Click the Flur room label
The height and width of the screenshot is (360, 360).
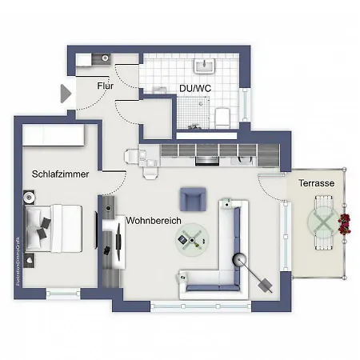coord(104,86)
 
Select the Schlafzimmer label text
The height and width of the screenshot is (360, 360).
coord(66,174)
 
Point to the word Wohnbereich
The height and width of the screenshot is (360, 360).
coord(154,220)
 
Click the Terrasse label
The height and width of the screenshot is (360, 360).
coord(317,183)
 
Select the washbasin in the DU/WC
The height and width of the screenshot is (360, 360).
coord(211,66)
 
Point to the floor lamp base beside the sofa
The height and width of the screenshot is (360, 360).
coord(239,259)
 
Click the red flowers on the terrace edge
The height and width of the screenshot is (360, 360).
coord(346,223)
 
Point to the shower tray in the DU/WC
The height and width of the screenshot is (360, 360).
coord(189,112)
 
